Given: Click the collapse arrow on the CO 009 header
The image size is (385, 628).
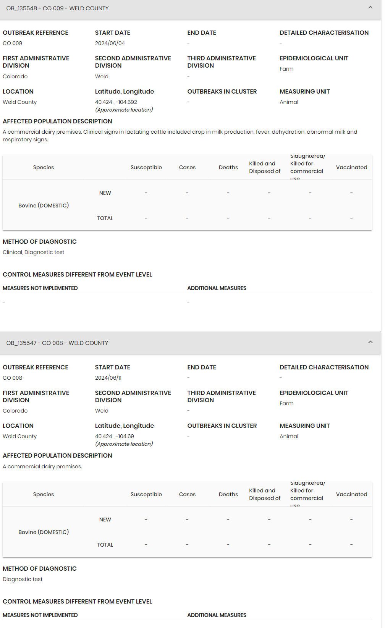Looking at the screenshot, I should [370, 8].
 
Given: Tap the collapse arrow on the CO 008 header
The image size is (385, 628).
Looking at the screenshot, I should [370, 342].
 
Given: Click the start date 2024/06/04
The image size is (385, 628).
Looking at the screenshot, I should [110, 43].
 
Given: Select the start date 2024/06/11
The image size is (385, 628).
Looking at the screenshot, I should [108, 378].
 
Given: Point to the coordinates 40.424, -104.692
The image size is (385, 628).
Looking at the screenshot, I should [116, 102].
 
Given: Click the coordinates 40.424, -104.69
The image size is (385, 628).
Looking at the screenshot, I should [115, 436].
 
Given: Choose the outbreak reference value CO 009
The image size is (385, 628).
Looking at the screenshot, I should [13, 43].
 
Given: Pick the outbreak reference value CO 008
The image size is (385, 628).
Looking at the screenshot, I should [13, 378].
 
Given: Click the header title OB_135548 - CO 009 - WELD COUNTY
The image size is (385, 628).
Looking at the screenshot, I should [58, 8].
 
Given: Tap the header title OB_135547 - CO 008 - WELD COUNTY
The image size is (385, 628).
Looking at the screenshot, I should [57, 343].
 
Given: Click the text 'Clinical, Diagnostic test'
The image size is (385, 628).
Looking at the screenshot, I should [34, 252].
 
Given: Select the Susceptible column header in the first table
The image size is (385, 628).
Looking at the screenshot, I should [146, 167].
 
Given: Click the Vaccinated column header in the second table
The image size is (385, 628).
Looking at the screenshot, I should [351, 494].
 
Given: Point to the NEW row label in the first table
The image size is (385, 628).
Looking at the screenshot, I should [105, 193].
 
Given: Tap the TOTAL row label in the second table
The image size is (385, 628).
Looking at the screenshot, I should [105, 545].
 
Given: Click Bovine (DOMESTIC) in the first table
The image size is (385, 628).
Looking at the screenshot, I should [44, 206].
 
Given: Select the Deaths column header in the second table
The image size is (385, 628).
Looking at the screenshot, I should [228, 494].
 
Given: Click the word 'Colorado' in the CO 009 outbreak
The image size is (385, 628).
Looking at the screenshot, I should [15, 76].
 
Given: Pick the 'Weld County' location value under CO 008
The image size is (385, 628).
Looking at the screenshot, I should [20, 436].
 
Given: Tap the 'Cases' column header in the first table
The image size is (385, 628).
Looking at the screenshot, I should [187, 167].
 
